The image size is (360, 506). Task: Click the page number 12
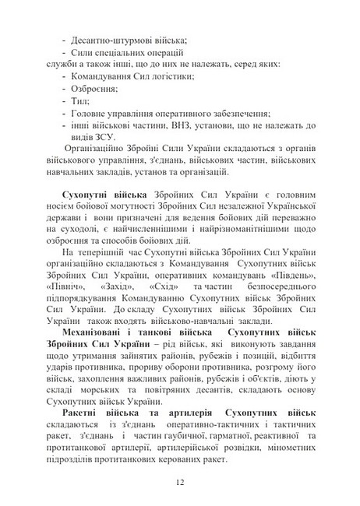(x=180, y=483)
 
